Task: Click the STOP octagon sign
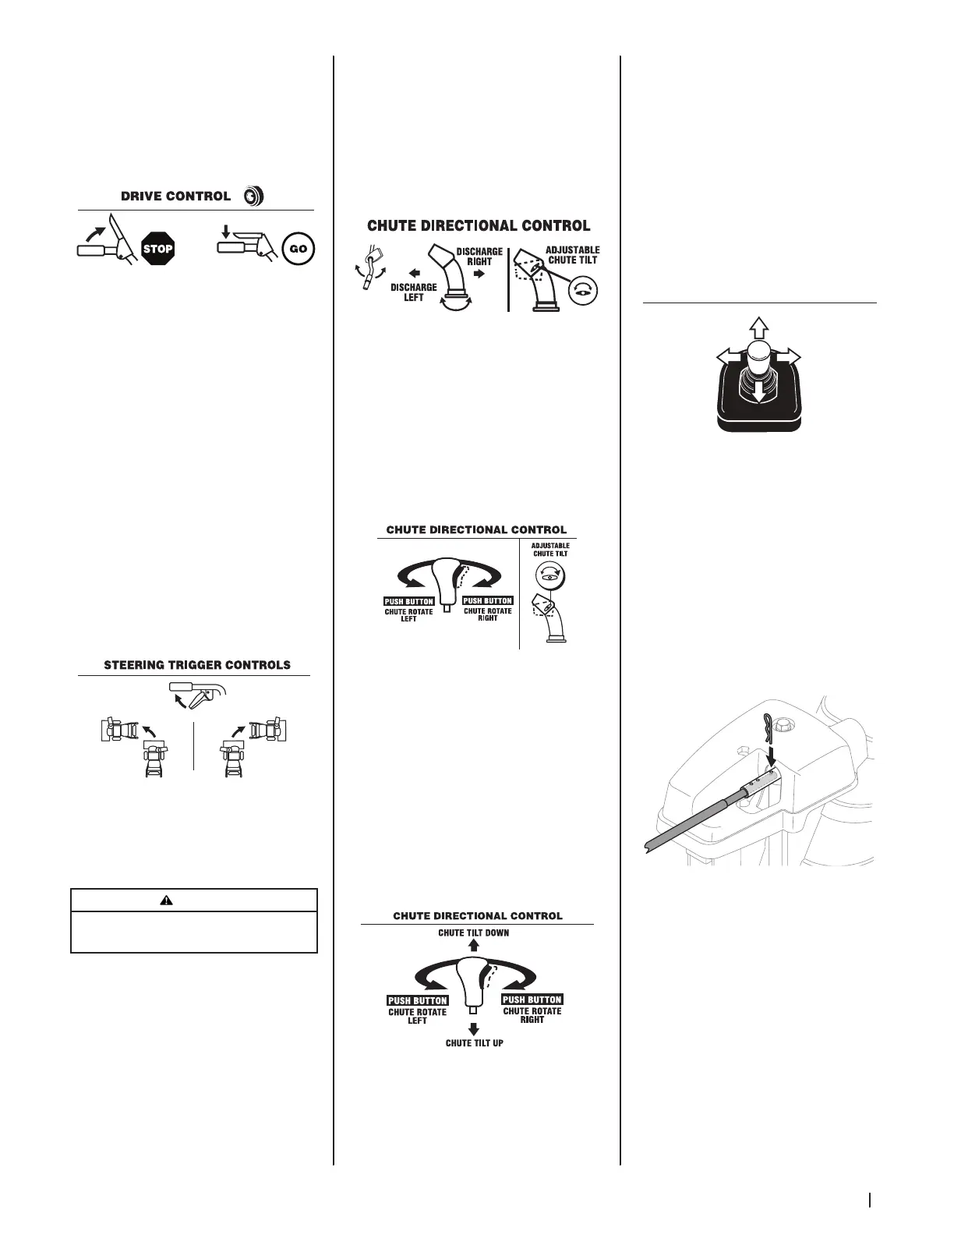point(157,249)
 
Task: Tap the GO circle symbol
point(299,249)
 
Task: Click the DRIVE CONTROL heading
point(175,196)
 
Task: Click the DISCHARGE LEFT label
point(413,292)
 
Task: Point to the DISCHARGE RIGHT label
point(479,257)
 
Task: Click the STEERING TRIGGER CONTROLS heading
point(197,665)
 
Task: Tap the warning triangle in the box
point(166,900)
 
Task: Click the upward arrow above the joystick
point(758,327)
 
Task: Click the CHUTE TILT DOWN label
point(473,932)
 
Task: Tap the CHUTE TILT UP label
point(474,1042)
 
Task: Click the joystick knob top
point(758,351)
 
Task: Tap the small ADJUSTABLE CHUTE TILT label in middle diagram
point(550,549)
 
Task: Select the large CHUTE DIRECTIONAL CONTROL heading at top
point(479,225)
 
